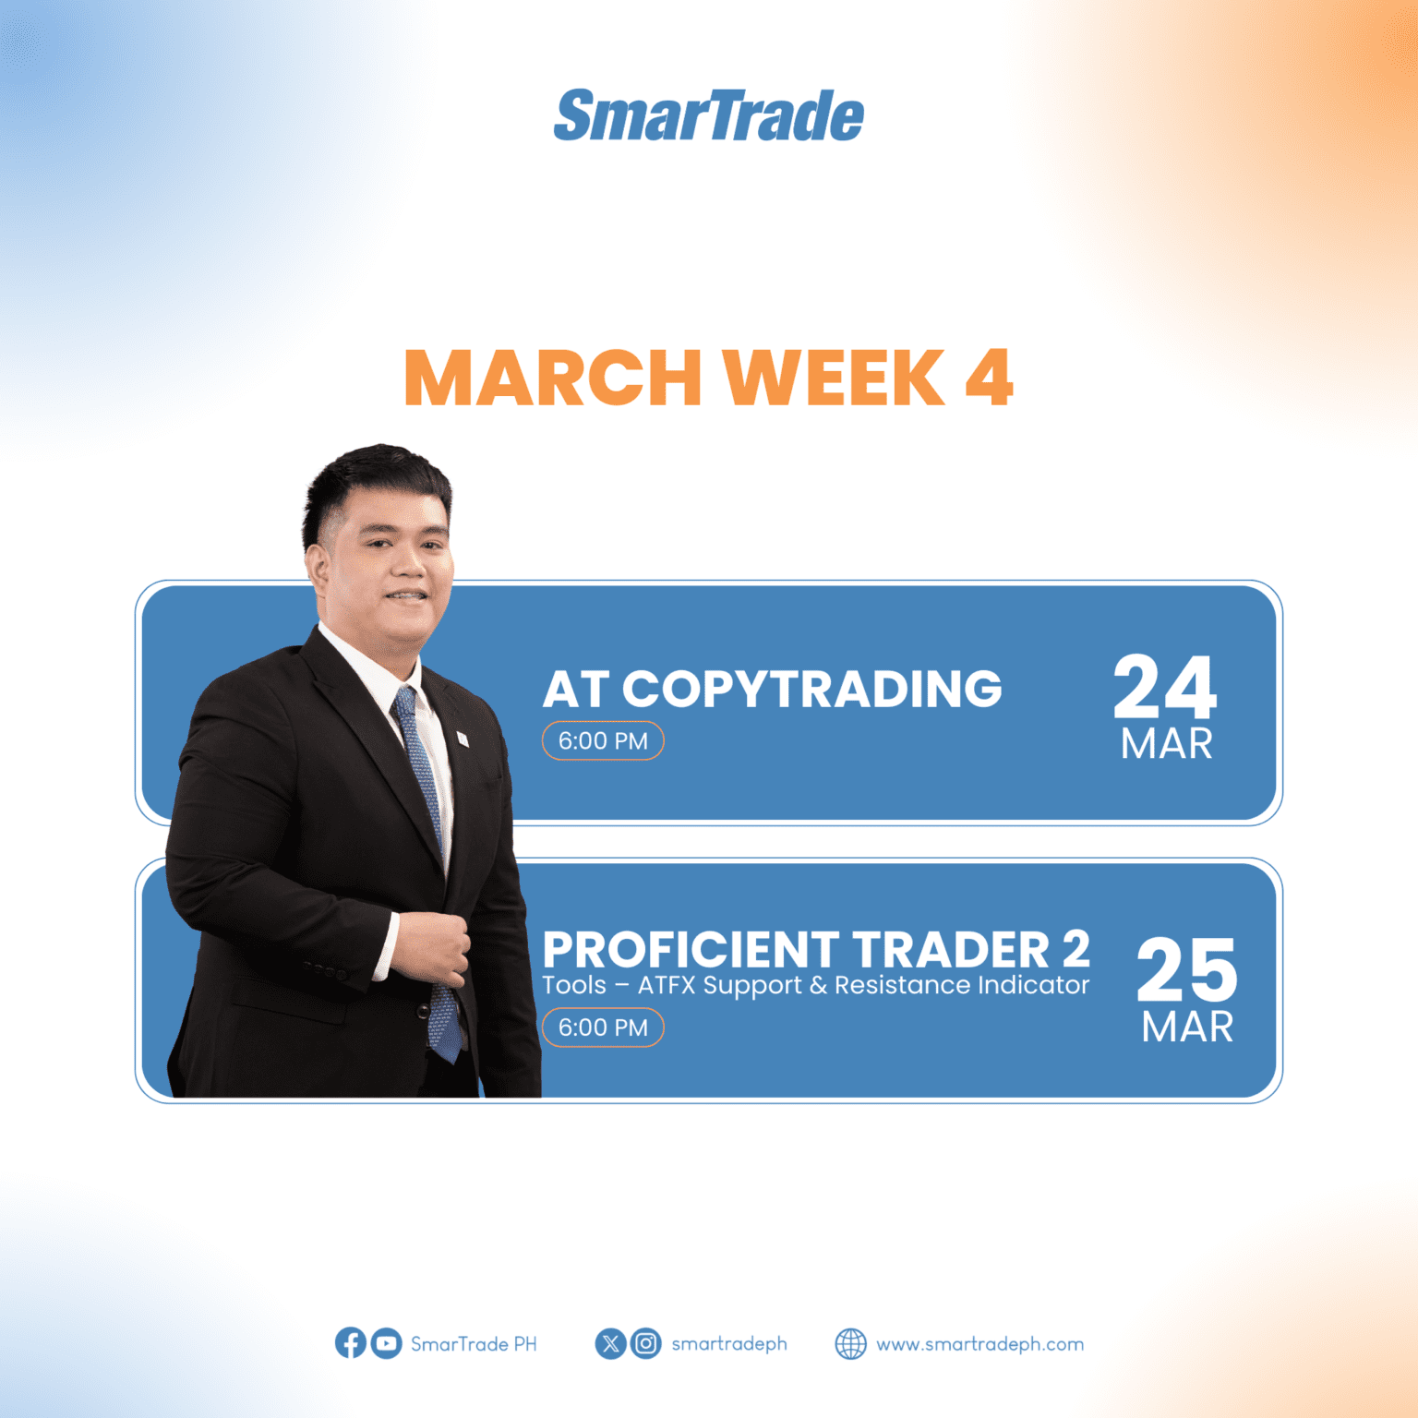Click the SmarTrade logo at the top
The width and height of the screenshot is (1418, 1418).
(x=708, y=116)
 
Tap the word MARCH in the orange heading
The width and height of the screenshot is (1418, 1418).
(x=552, y=378)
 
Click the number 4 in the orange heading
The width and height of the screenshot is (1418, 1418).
(x=989, y=378)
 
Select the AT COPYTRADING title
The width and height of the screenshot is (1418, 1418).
(x=772, y=689)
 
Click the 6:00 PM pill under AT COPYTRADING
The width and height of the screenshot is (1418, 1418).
(x=603, y=741)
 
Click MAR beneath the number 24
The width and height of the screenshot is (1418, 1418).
(x=1166, y=744)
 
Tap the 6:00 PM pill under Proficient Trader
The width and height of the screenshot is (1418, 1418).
(x=603, y=1027)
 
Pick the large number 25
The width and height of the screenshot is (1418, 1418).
(x=1186, y=969)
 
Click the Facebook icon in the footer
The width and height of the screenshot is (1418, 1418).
(x=350, y=1343)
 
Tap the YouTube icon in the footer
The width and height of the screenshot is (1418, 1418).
(x=386, y=1343)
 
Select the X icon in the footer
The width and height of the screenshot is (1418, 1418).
(x=610, y=1343)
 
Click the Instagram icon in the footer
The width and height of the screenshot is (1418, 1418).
(x=646, y=1343)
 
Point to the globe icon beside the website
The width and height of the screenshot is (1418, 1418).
(x=850, y=1344)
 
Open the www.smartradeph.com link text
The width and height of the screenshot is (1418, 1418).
(x=979, y=1344)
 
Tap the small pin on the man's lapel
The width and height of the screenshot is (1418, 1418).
(x=463, y=738)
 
